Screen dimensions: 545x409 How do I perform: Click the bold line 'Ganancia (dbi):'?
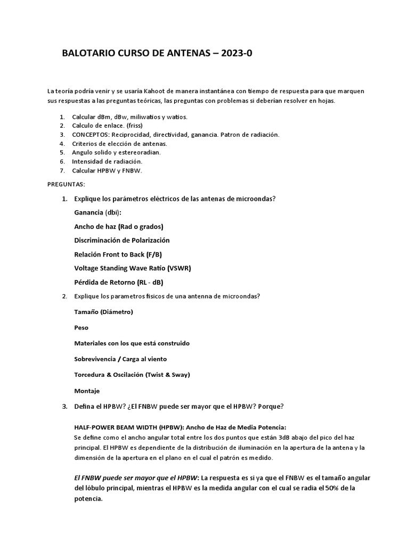coord(97,212)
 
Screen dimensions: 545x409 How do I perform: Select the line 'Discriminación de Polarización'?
coord(122,240)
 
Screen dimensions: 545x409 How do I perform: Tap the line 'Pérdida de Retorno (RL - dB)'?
coord(119,282)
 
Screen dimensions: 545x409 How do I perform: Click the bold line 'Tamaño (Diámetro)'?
coord(103,311)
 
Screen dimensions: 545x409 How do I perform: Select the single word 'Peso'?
coord(81,327)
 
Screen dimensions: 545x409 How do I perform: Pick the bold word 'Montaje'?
coord(87,391)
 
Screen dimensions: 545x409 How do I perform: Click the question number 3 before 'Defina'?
coord(64,407)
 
